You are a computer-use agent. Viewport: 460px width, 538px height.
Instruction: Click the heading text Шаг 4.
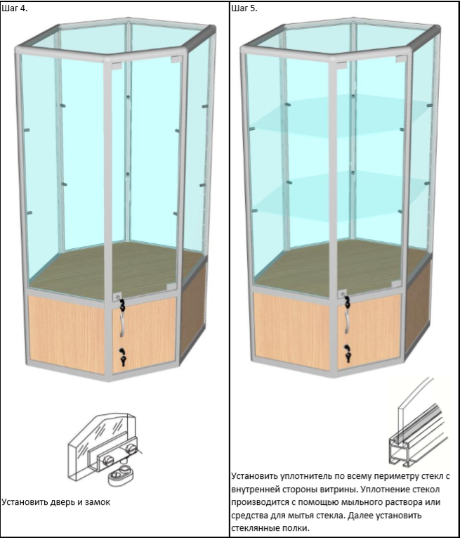click(15, 8)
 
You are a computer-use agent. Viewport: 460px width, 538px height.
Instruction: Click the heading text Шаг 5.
click(244, 8)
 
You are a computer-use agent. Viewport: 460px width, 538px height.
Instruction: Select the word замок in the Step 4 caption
click(98, 502)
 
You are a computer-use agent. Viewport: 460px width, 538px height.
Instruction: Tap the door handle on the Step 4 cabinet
click(121, 326)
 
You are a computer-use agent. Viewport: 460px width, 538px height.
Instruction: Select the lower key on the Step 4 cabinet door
click(123, 357)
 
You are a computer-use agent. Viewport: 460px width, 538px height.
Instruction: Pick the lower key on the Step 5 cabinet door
click(348, 354)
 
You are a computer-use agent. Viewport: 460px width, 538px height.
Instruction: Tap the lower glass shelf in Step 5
click(339, 195)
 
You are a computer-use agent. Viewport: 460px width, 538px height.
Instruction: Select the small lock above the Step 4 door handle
click(117, 297)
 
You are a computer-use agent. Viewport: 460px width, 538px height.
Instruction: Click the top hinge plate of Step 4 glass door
click(117, 66)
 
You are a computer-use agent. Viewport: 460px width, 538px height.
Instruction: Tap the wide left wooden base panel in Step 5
click(291, 331)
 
